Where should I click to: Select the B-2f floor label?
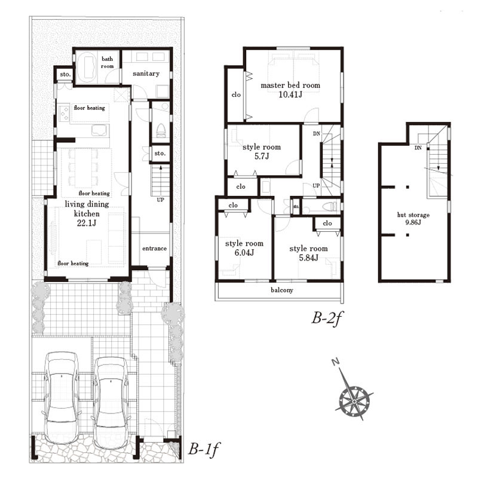327,319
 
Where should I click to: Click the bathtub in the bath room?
87,68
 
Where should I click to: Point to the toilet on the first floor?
160,130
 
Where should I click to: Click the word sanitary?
146,73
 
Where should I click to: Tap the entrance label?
154,249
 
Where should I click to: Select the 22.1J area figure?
87,223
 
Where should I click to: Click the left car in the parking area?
62,397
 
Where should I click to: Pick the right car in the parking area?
111,402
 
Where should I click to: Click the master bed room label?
290,85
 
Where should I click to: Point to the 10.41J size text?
290,94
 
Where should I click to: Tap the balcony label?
282,290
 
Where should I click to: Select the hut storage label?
413,215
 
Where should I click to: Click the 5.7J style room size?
262,157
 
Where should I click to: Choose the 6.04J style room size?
244,253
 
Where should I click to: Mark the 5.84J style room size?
308,258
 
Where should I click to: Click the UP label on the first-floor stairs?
160,200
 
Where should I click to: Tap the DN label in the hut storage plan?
418,148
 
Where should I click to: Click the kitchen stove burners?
65,114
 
